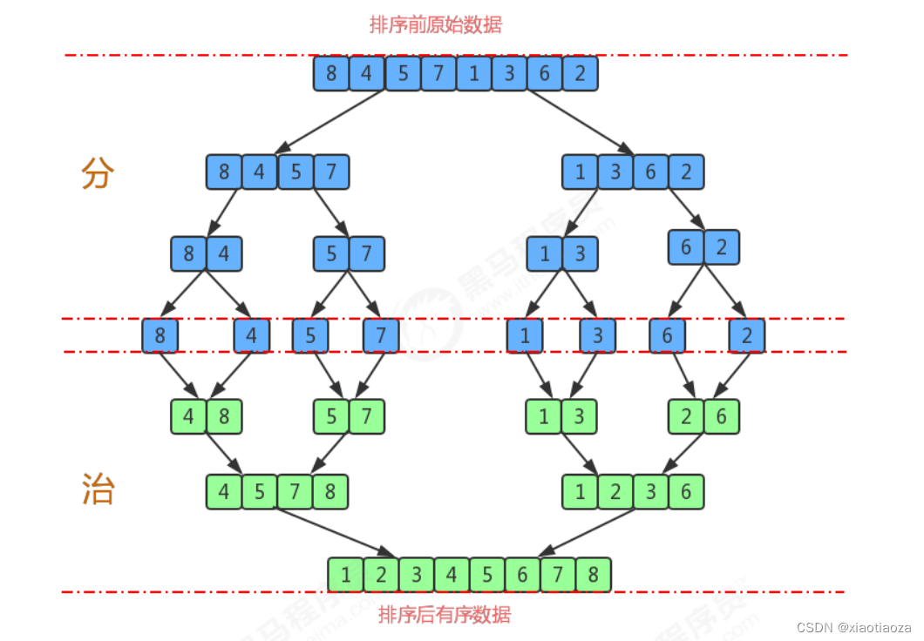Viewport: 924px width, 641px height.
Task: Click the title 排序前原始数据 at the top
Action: point(436,24)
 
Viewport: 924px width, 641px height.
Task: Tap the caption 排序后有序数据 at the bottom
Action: point(445,615)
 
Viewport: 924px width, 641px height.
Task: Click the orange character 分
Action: point(98,174)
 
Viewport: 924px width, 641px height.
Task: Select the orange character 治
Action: point(98,489)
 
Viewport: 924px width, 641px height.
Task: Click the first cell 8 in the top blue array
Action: point(331,73)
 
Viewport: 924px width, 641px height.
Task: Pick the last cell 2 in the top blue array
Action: point(581,73)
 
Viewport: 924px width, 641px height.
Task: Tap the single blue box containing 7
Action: point(380,336)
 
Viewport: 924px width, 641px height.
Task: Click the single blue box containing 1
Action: point(525,336)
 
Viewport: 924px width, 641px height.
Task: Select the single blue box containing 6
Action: point(667,336)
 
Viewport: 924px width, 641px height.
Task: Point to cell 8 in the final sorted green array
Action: point(593,575)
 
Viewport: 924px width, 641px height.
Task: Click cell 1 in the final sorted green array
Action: point(346,575)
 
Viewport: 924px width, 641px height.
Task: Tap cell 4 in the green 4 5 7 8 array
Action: point(224,492)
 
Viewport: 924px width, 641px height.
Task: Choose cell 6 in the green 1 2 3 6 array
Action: point(686,492)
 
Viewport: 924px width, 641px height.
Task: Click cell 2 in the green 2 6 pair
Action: point(686,416)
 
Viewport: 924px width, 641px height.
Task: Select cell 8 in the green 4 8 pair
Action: point(224,416)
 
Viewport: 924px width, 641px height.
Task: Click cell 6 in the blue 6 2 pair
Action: point(686,247)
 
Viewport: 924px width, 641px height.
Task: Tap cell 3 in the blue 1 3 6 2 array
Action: point(615,172)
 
